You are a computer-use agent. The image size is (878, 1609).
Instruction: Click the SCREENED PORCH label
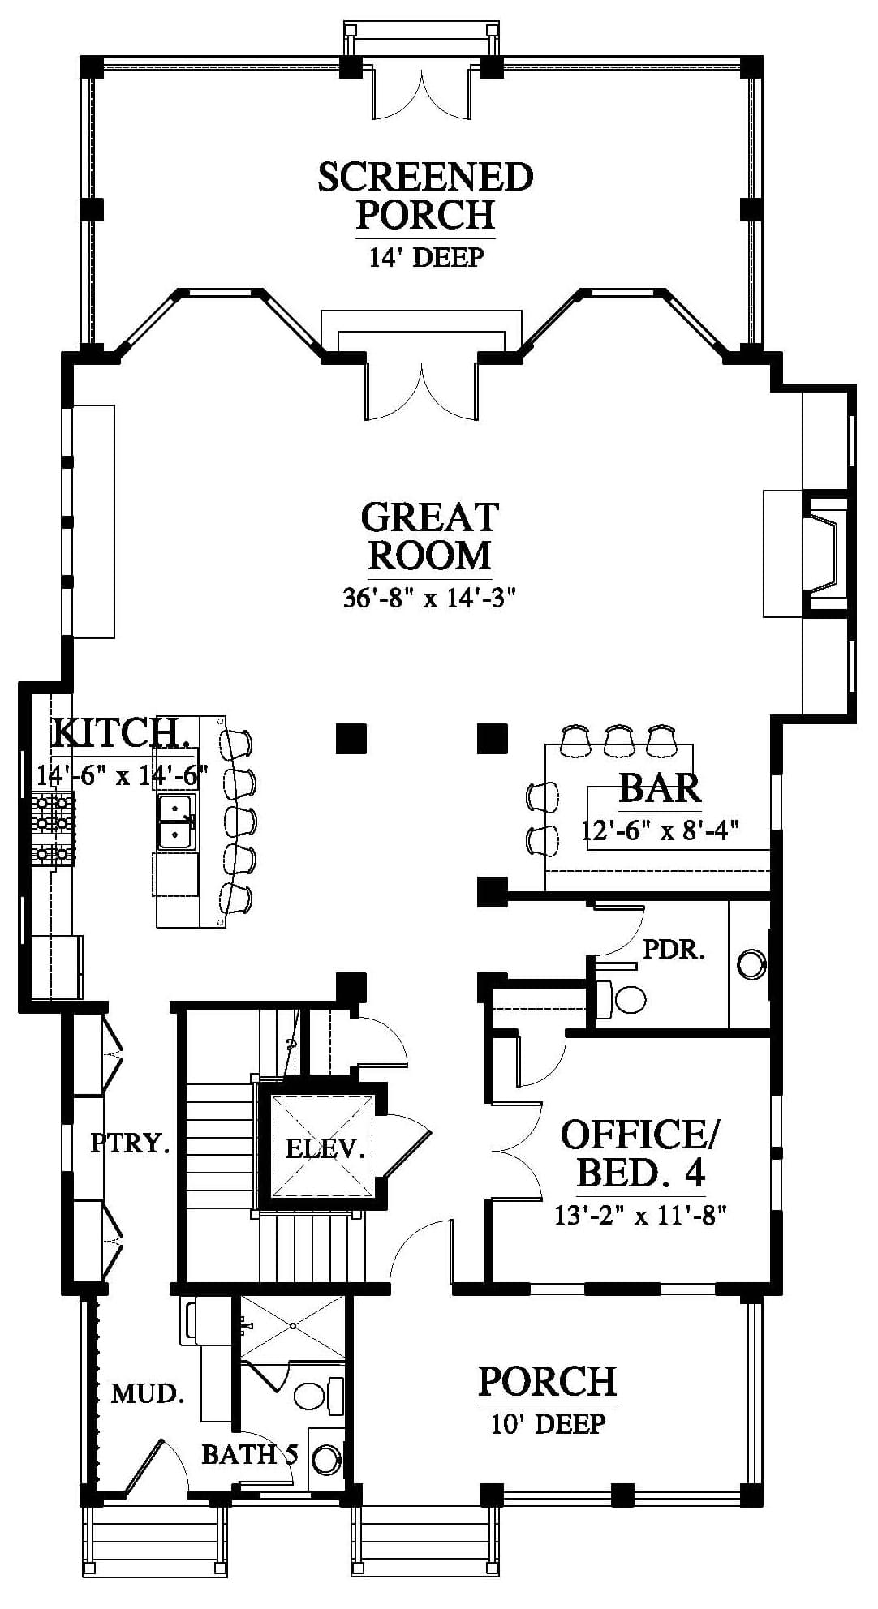click(425, 195)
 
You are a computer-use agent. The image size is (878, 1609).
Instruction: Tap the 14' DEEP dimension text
click(426, 257)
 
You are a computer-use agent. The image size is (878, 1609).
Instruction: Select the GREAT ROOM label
click(429, 536)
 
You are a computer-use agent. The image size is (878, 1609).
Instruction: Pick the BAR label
click(660, 787)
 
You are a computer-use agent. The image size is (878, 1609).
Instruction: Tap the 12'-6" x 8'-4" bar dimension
click(660, 831)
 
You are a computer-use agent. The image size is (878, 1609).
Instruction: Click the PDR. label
click(674, 950)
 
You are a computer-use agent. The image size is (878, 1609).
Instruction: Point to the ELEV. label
click(323, 1148)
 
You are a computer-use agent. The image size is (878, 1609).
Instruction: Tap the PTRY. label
click(130, 1143)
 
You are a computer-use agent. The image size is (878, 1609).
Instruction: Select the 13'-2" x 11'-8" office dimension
click(639, 1216)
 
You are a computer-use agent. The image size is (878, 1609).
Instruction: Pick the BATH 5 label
click(249, 1455)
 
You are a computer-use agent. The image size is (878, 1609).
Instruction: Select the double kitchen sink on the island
click(176, 822)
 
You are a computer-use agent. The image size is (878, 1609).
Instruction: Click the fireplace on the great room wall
click(824, 554)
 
